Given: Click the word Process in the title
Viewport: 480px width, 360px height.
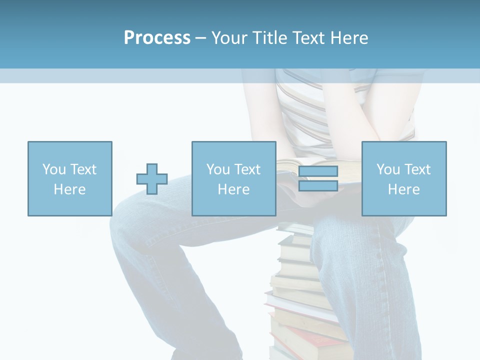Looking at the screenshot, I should coord(157,38).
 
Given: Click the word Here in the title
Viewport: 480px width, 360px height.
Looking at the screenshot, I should coord(349,38).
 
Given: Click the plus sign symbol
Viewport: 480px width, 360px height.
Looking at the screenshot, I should coord(152,179).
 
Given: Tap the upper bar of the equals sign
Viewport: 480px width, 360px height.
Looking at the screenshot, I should coord(318,171).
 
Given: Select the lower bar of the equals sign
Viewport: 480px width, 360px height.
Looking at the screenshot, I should coord(318,186).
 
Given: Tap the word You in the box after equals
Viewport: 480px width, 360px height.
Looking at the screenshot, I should coord(388,170).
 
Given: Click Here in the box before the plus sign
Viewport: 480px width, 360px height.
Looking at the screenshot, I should coord(69,189).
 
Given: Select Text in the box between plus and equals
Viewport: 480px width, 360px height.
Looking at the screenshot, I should coord(248,170).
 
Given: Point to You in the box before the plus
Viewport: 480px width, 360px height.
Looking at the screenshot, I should coord(54,170).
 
